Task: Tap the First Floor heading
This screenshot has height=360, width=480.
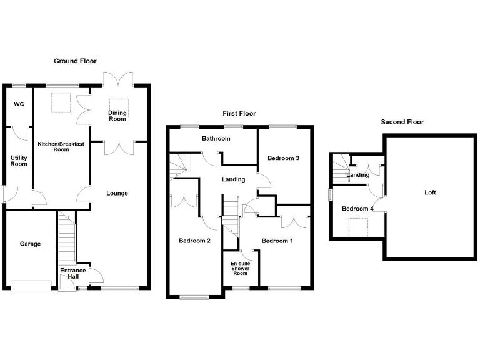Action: [239, 114]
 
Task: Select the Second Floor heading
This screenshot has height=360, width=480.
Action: [402, 122]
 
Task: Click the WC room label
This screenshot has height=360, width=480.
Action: [19, 104]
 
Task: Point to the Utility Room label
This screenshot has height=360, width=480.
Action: [19, 160]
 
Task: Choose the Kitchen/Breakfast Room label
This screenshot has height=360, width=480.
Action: [61, 147]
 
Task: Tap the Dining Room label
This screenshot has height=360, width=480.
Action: [117, 116]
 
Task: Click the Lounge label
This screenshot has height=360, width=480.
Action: [117, 193]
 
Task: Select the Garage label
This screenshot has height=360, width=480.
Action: [30, 244]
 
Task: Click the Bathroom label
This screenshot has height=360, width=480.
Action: [216, 139]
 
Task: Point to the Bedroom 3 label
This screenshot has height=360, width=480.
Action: [283, 158]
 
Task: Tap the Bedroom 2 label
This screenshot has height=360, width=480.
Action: [194, 241]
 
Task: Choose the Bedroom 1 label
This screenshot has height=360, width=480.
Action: [277, 241]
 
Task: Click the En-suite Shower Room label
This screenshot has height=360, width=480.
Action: [241, 269]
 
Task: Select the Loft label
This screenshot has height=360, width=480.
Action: [430, 192]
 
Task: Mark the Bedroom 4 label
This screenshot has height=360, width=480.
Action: [357, 209]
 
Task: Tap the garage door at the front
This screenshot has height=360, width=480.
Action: [31, 286]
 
